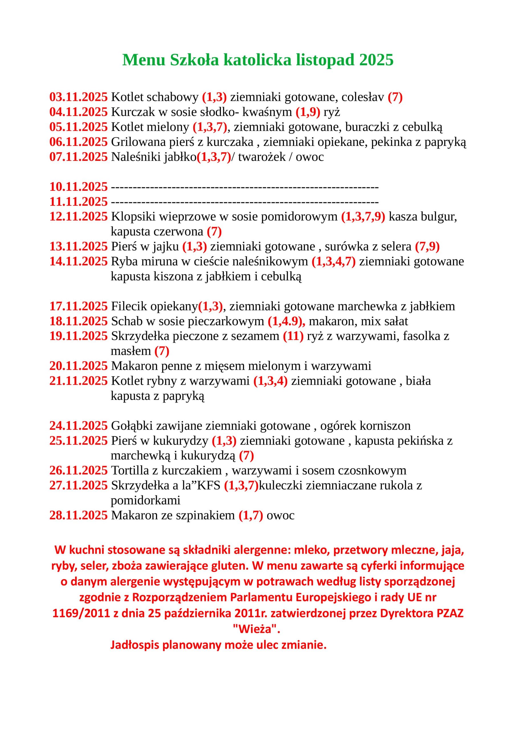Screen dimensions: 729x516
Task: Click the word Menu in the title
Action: pyautogui.click(x=144, y=60)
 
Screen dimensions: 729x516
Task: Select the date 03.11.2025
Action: pyautogui.click(x=78, y=97)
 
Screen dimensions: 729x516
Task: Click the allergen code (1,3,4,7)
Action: pyautogui.click(x=334, y=261)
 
